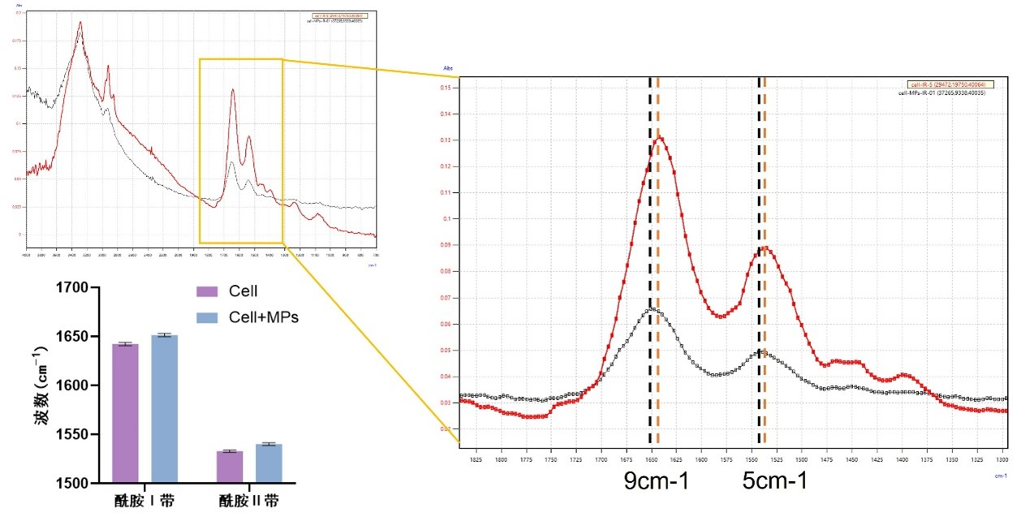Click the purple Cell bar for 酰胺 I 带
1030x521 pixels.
coord(125,413)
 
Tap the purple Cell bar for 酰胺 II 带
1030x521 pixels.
coord(230,467)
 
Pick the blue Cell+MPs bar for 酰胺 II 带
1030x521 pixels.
coord(269,463)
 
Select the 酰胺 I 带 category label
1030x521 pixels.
coord(144,501)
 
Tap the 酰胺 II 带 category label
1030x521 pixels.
coord(249,501)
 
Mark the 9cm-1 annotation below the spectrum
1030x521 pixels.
coord(657,481)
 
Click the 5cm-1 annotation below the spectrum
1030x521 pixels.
coord(775,481)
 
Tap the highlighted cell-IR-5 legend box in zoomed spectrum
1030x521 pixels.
coord(950,84)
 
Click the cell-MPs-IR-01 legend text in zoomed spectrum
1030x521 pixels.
coord(950,93)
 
